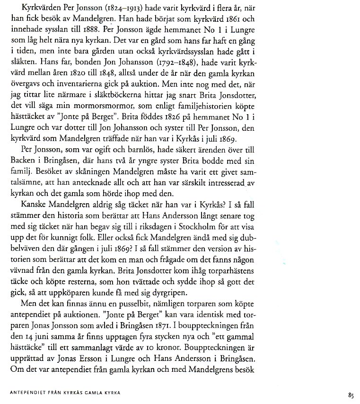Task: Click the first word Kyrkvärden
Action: pos(35,9)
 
